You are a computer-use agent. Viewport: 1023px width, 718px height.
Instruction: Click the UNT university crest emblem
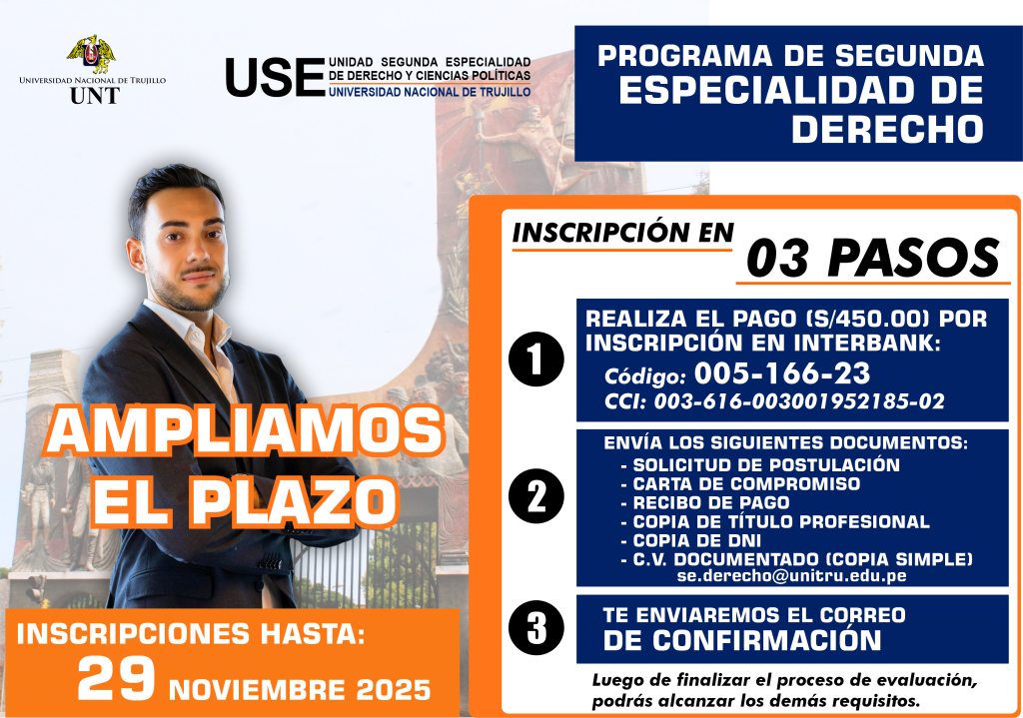pyautogui.click(x=91, y=54)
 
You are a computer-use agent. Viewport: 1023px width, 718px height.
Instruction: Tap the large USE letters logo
pyautogui.click(x=275, y=78)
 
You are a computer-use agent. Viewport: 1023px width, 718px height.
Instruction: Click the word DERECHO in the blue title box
pyautogui.click(x=887, y=129)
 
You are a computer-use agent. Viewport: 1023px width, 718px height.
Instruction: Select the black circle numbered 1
pyautogui.click(x=536, y=359)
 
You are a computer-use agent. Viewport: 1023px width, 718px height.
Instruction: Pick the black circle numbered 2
pyautogui.click(x=536, y=496)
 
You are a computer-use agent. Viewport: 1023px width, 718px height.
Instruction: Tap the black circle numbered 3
pyautogui.click(x=536, y=628)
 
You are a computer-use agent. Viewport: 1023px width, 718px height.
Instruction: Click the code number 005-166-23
pyautogui.click(x=781, y=373)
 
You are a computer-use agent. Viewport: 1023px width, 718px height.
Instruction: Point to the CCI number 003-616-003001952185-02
pyautogui.click(x=799, y=401)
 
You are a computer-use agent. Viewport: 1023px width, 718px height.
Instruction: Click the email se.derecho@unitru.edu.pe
pyautogui.click(x=791, y=576)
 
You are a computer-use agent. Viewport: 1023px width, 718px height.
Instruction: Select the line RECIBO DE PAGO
pyautogui.click(x=711, y=502)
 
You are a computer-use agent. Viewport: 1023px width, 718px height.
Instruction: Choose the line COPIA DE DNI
pyautogui.click(x=696, y=540)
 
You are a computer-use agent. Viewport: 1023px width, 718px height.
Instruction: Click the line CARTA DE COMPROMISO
pyautogui.click(x=746, y=484)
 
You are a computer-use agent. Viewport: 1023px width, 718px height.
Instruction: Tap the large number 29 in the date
pyautogui.click(x=116, y=678)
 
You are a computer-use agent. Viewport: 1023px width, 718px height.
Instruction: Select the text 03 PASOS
pyautogui.click(x=873, y=259)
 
